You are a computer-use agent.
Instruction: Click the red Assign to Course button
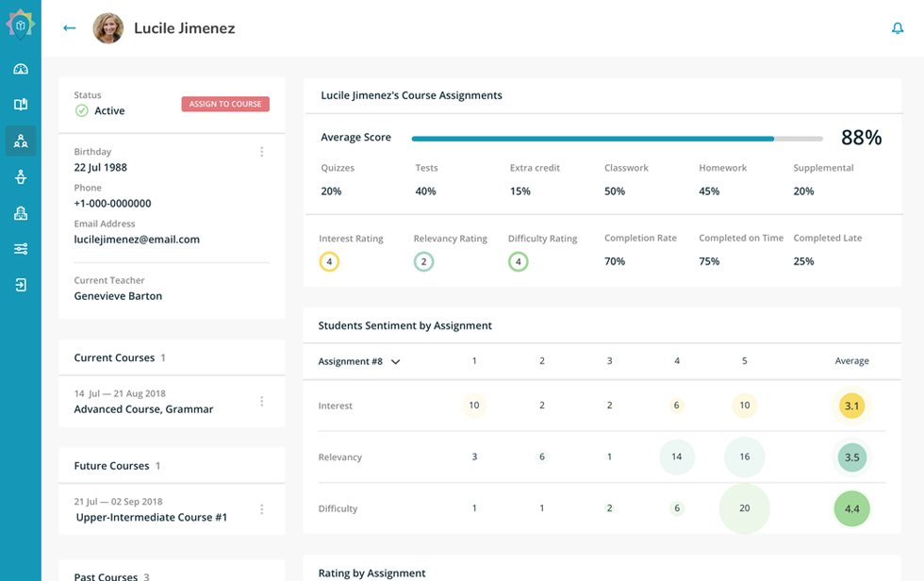(x=225, y=104)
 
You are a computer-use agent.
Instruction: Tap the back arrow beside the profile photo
(x=69, y=28)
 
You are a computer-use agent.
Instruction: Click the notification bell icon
(x=898, y=28)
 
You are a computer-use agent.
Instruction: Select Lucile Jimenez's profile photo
(x=108, y=28)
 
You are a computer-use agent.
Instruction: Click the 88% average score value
(x=861, y=138)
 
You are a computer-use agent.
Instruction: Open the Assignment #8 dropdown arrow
(x=396, y=361)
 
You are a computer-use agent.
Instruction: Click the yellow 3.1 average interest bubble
(x=851, y=406)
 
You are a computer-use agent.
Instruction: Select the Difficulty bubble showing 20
(x=744, y=508)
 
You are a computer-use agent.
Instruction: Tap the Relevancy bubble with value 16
(x=744, y=456)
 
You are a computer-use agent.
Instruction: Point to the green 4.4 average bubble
(x=851, y=508)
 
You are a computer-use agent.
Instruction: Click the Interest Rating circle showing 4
(x=329, y=262)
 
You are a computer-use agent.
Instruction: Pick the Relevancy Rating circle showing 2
(x=423, y=262)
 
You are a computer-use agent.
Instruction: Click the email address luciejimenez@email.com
(x=137, y=240)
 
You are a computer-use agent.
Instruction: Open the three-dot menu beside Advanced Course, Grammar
(x=262, y=402)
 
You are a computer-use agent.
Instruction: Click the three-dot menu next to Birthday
(x=262, y=152)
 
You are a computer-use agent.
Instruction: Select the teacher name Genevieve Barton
(x=118, y=296)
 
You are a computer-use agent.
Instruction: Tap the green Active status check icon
(x=82, y=111)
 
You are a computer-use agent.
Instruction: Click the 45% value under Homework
(x=709, y=191)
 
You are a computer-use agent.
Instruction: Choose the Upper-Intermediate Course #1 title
(x=152, y=518)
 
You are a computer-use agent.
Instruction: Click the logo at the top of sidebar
(x=20, y=25)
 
